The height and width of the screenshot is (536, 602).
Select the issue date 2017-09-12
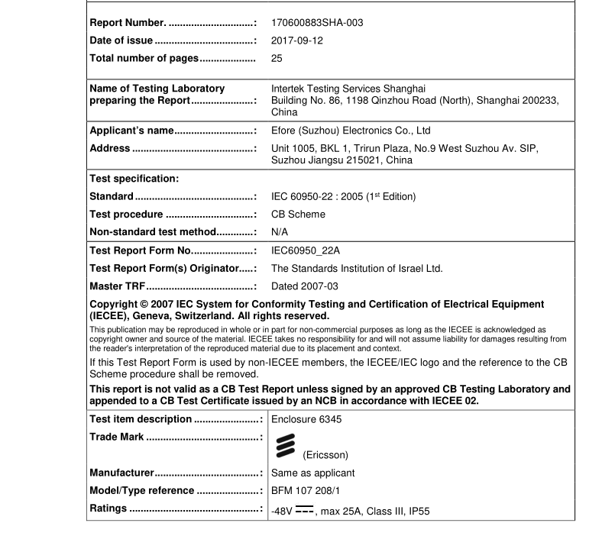(297, 40)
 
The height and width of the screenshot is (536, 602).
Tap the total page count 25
(277, 58)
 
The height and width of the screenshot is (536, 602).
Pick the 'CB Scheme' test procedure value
(298, 215)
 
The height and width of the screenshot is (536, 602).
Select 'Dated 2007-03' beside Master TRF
(305, 286)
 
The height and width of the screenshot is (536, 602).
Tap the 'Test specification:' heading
(134, 179)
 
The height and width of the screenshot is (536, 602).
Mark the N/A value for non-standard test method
(280, 232)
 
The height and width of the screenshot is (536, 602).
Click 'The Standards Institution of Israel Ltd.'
(357, 268)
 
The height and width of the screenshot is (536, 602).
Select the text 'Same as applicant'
(312, 473)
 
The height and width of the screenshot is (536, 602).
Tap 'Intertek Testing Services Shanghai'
(348, 89)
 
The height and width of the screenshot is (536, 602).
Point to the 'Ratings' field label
(108, 509)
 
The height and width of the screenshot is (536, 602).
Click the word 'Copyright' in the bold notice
(115, 304)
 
